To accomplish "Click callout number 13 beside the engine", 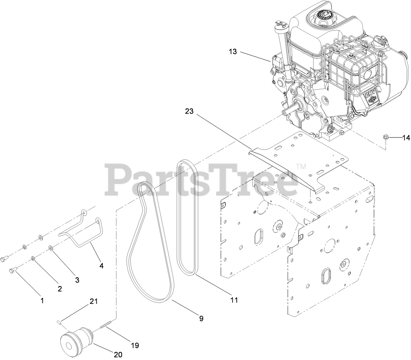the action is (x=233, y=52).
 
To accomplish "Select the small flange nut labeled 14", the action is (x=386, y=137).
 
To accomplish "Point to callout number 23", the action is (x=189, y=112).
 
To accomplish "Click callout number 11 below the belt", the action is (x=234, y=299).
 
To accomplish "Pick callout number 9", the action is (x=201, y=318).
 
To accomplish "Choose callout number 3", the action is (x=77, y=280).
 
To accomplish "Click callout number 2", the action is (x=60, y=288).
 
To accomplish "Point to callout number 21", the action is (x=94, y=302).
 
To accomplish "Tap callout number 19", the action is (x=135, y=345).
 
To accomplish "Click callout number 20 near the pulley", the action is (x=118, y=354).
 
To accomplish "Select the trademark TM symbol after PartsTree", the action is (x=301, y=166).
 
